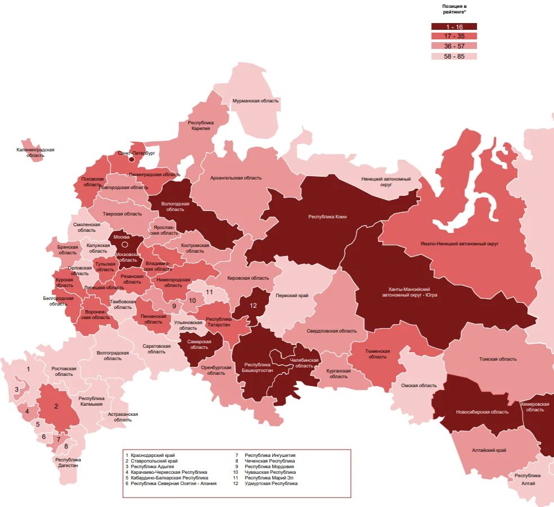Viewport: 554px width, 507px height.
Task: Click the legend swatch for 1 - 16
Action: click(x=454, y=26)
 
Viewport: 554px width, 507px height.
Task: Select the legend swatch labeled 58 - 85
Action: click(x=454, y=56)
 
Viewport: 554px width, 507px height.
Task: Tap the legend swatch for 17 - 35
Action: click(x=454, y=36)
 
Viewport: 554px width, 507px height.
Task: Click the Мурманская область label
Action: click(x=255, y=101)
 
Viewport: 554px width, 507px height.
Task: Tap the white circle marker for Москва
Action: click(x=125, y=245)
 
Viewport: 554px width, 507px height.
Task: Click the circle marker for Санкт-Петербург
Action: click(x=132, y=159)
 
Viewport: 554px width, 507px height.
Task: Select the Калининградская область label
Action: click(x=35, y=152)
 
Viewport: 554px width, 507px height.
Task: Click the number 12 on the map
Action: click(x=253, y=306)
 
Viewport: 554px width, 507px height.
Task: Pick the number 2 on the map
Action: click(x=56, y=406)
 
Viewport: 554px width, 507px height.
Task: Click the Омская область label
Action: click(x=418, y=385)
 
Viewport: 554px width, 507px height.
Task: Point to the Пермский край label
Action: click(x=292, y=295)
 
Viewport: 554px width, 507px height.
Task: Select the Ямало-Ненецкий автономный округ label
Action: click(x=460, y=244)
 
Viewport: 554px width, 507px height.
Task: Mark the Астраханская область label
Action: click(x=123, y=417)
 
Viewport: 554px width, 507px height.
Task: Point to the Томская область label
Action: click(x=497, y=359)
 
